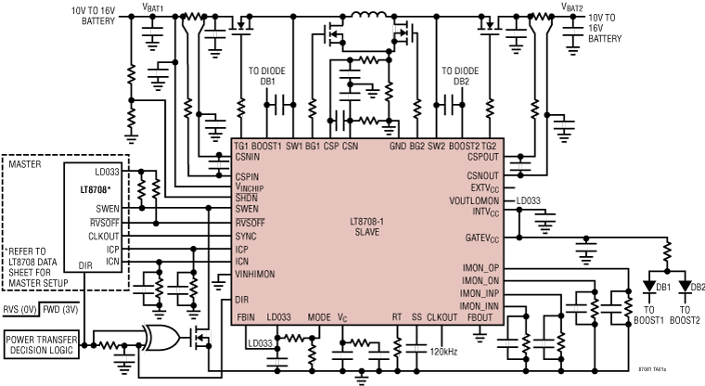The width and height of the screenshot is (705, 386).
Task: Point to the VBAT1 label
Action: [x=153, y=7]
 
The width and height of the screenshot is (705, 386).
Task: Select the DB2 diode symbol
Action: [x=685, y=286]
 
